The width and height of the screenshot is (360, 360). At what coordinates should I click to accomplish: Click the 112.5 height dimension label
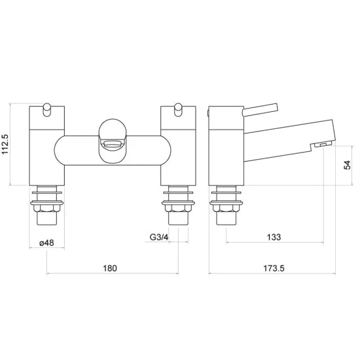(x=5, y=144)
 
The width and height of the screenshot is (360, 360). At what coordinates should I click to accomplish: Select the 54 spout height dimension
(x=347, y=165)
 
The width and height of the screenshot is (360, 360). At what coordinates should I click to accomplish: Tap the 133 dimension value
(x=274, y=237)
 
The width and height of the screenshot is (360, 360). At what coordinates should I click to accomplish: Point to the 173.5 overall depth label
(x=274, y=268)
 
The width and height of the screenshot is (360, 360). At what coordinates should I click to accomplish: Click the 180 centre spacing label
(x=110, y=268)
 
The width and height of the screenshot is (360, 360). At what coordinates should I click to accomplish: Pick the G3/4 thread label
(x=159, y=237)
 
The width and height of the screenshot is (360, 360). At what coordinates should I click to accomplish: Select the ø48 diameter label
(x=46, y=243)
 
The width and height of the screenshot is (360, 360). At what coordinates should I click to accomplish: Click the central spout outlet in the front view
(x=113, y=145)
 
